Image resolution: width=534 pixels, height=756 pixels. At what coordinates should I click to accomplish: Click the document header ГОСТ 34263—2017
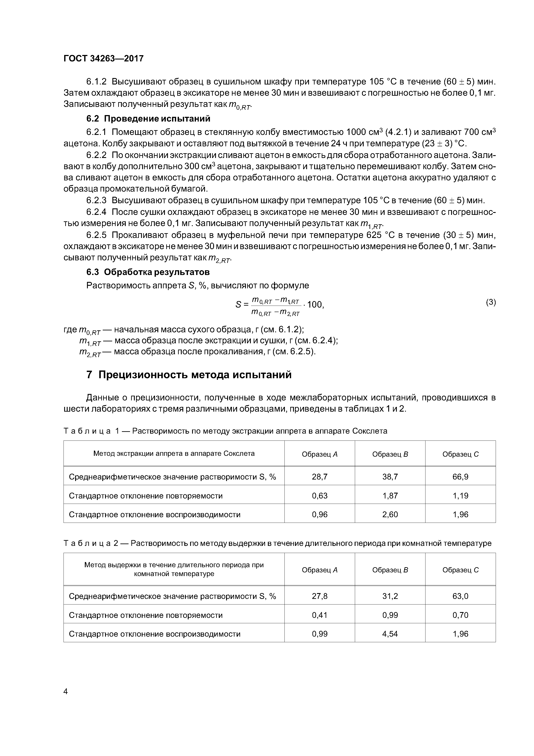click(x=104, y=59)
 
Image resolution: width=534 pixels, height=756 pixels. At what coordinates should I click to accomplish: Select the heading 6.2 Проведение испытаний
click(x=148, y=118)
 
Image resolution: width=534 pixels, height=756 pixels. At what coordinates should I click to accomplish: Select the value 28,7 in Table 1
click(x=320, y=476)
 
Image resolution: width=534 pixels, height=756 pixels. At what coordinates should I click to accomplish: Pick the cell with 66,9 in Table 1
click(x=460, y=476)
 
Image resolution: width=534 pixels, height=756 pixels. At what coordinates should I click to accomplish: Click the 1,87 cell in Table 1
click(x=390, y=495)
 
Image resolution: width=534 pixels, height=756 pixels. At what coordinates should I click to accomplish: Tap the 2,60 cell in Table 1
click(x=390, y=514)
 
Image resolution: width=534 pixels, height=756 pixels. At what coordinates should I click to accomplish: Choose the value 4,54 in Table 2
click(x=390, y=634)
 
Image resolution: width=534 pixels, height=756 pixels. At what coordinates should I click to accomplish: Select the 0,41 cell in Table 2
click(x=320, y=615)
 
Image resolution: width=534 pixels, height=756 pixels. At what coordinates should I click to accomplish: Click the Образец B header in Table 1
click(x=390, y=454)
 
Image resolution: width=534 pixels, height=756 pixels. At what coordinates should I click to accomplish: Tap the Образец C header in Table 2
click(x=460, y=570)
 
